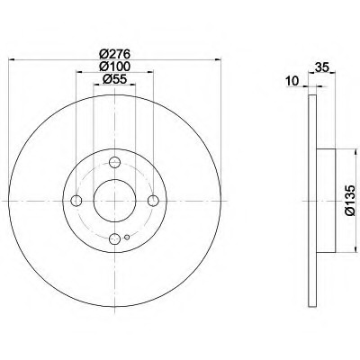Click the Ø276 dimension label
point(115,54)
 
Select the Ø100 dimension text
point(115,67)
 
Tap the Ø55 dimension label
point(115,79)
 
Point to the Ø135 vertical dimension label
point(350,201)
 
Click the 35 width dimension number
point(322,67)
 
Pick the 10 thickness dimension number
point(292,81)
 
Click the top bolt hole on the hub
point(114,163)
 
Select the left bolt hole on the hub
point(76,201)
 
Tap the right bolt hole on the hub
point(153,201)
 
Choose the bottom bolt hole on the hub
point(114,238)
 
